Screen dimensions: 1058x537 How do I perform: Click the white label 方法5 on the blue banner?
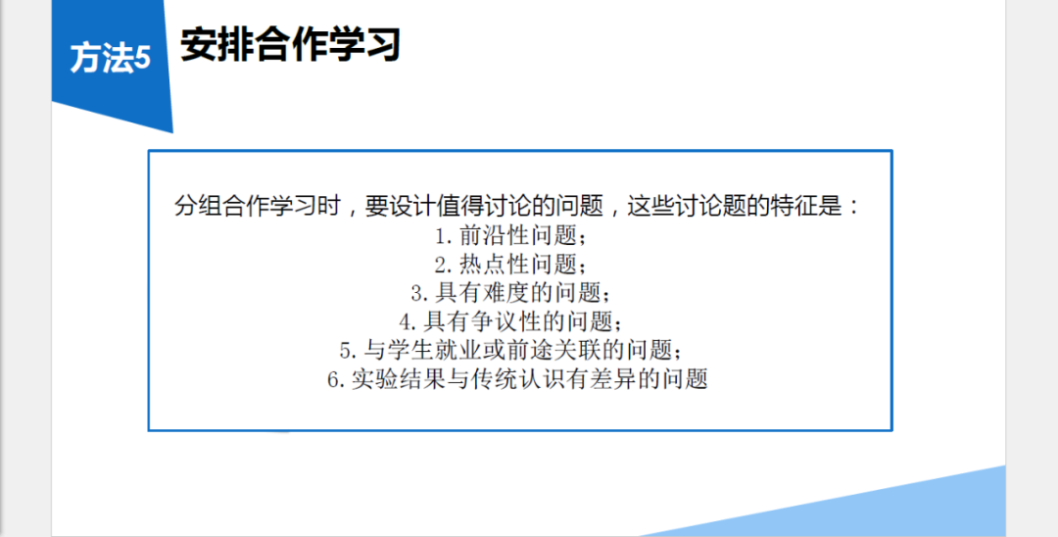tap(110, 58)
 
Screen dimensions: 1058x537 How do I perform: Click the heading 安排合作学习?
tap(291, 45)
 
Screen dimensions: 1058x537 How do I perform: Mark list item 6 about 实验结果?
tap(517, 379)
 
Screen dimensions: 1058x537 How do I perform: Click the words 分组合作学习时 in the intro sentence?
tap(258, 206)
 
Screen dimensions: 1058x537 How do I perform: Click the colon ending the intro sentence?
tap(855, 207)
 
